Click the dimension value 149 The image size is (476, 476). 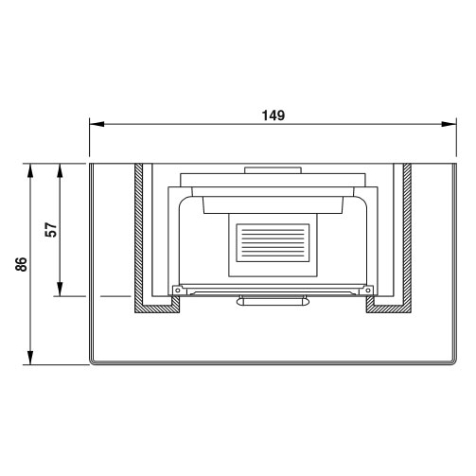(273, 115)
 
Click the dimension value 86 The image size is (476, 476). (21, 264)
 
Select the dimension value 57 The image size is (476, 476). (51, 230)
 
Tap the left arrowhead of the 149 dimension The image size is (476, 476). (97, 124)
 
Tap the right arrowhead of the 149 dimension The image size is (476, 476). (449, 124)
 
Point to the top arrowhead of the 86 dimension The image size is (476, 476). (30, 171)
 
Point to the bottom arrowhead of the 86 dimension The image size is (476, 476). (30, 358)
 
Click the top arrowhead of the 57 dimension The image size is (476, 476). (60, 171)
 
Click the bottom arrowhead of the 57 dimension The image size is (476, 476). (60, 289)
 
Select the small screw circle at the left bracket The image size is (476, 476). (177, 290)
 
